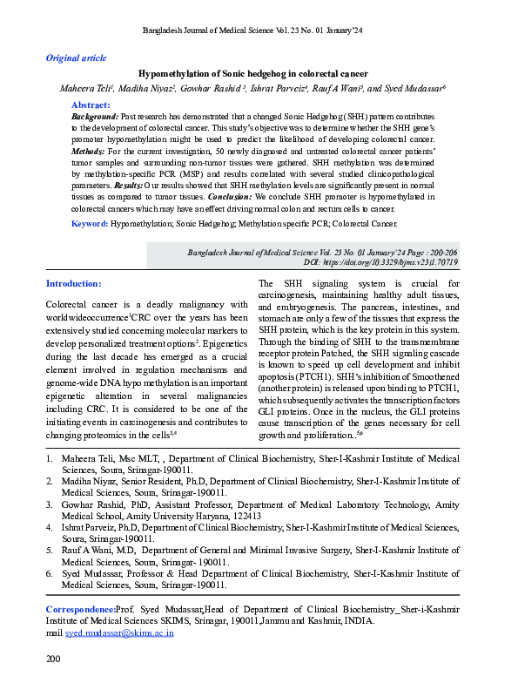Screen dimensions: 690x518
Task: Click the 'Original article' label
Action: pyautogui.click(x=76, y=58)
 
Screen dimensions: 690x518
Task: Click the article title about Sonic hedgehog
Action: pyautogui.click(x=253, y=73)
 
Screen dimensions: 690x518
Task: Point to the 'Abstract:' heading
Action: pyautogui.click(x=91, y=105)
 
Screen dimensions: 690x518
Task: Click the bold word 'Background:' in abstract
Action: pyautogui.click(x=95, y=116)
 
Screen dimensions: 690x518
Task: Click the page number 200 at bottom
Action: pyautogui.click(x=53, y=660)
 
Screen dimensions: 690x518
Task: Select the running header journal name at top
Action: pyautogui.click(x=259, y=32)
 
